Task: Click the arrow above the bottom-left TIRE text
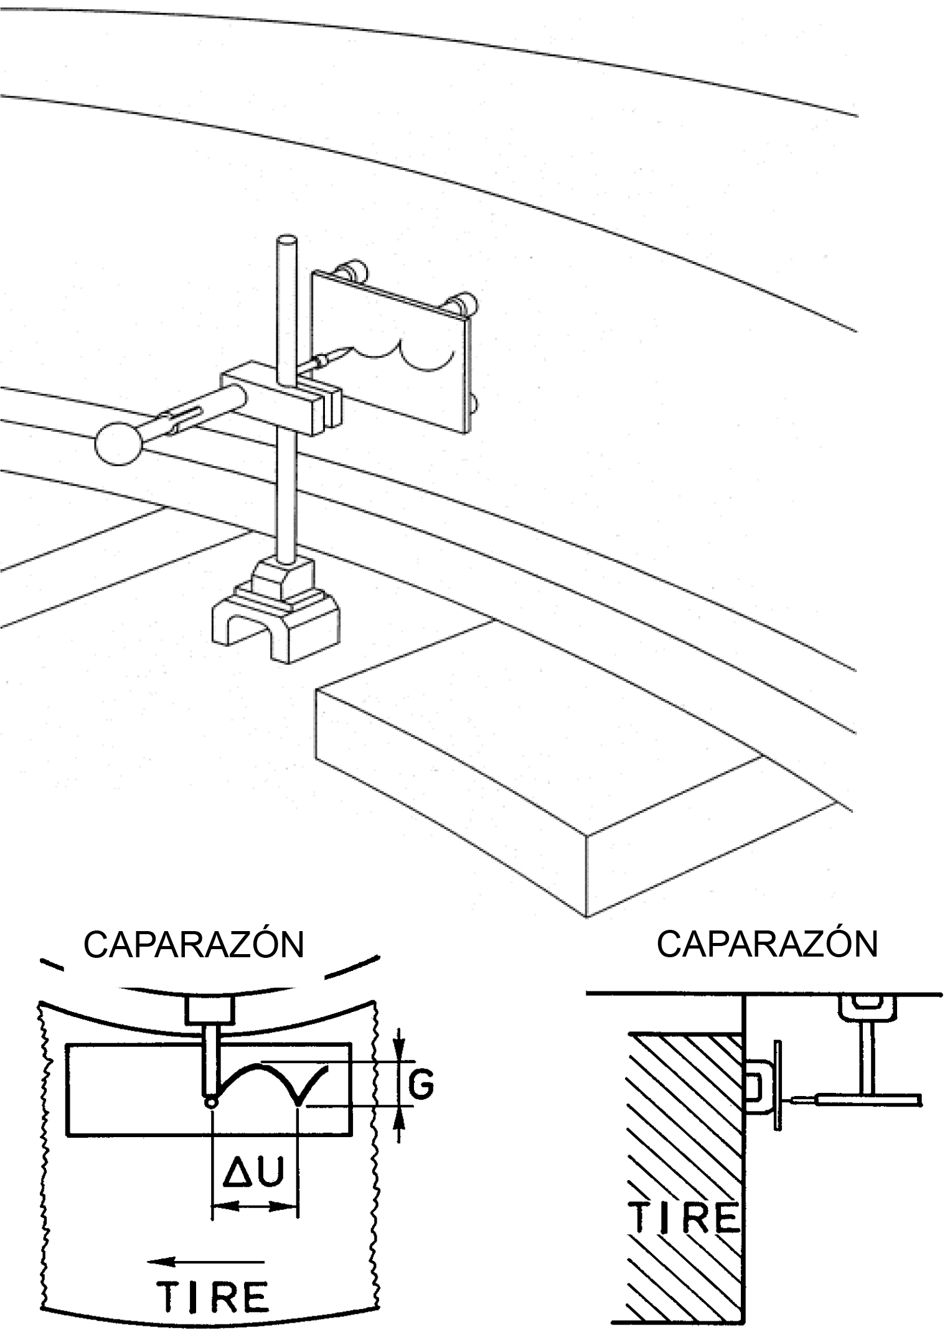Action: [x=205, y=1258]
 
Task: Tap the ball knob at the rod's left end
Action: [x=119, y=443]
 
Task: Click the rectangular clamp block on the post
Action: [x=280, y=399]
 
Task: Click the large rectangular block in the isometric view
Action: [x=560, y=790]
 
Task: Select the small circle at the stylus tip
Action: [x=212, y=1102]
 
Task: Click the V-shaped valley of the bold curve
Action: [x=300, y=1102]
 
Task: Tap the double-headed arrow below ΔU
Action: [x=255, y=1206]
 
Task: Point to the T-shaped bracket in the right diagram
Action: [x=868, y=1058]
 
